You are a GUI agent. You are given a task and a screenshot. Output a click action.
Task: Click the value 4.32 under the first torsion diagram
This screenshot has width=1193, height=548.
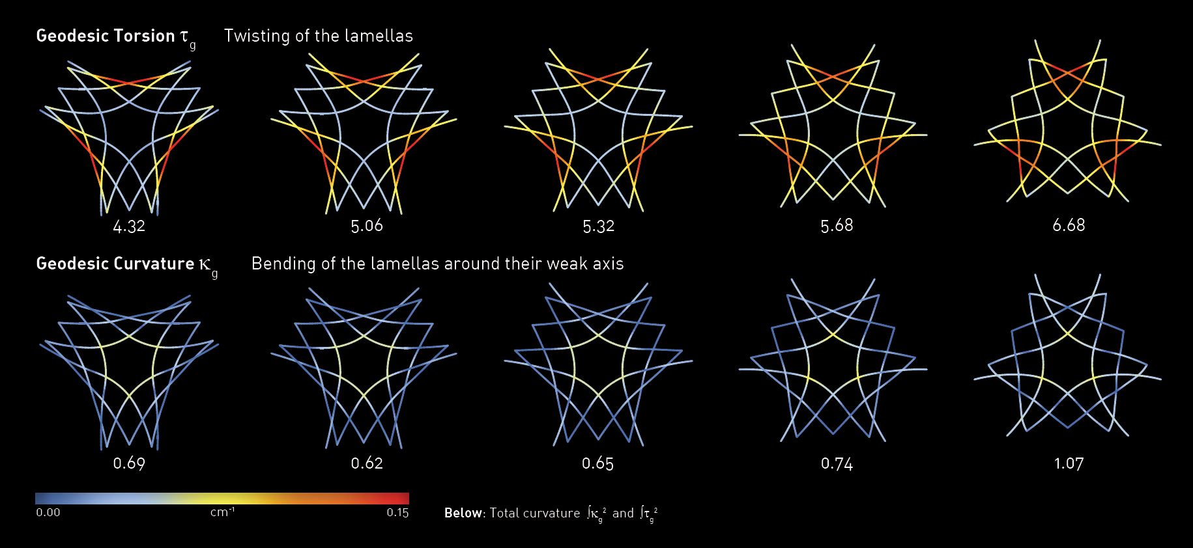click(129, 227)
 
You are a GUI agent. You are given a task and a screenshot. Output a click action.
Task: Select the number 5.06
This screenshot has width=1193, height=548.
click(367, 226)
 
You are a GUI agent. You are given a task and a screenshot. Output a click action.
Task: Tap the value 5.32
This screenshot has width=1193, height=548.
click(598, 226)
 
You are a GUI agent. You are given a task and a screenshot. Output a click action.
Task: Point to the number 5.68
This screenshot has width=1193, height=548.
click(837, 225)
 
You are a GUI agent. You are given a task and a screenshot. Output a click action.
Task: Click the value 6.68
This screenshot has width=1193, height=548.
click(1069, 225)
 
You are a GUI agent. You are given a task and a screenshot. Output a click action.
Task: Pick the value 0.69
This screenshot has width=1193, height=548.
click(129, 463)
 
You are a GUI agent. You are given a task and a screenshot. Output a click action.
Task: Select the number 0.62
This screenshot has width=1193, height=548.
click(367, 463)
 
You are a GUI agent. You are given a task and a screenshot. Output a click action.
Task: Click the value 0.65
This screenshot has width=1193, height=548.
click(598, 463)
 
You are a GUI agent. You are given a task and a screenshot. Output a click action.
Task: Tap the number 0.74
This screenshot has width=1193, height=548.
click(837, 463)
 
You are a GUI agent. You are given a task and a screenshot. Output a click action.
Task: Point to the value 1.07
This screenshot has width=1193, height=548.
click(1069, 463)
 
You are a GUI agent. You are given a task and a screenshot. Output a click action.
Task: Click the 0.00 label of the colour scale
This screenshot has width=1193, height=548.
click(48, 513)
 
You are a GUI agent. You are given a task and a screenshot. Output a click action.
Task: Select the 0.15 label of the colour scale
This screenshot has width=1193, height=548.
click(397, 513)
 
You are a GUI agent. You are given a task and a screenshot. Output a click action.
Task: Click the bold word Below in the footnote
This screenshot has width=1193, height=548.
click(463, 513)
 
